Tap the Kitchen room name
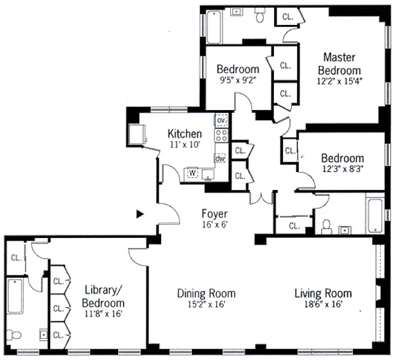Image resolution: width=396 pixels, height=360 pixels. [184, 134]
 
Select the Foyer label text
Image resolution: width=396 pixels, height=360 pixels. [214, 214]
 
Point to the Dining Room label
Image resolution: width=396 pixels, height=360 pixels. [207, 293]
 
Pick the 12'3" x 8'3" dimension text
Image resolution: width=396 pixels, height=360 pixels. [342, 170]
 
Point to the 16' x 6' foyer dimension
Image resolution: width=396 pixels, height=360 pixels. [214, 226]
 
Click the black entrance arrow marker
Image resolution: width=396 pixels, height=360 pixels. [139, 214]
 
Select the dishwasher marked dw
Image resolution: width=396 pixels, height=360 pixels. [221, 158]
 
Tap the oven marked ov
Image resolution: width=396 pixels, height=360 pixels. [222, 121]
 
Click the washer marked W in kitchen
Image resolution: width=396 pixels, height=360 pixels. [193, 173]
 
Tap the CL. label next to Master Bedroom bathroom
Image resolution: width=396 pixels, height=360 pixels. [288, 16]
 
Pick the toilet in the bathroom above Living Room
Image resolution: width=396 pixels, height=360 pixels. [325, 227]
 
